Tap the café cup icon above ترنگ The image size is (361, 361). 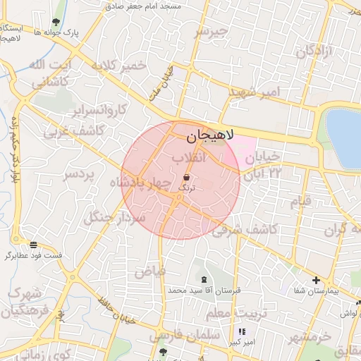click(x=186, y=177)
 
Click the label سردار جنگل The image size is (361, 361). click(x=114, y=218)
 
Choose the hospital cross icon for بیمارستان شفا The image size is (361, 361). click(x=316, y=280)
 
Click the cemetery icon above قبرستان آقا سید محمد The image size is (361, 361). click(x=204, y=280)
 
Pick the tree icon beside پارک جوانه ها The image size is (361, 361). click(x=56, y=23)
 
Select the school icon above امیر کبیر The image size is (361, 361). click(x=241, y=331)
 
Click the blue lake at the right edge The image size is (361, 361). click(x=344, y=137)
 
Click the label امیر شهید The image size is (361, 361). click(x=255, y=92)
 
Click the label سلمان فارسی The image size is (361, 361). click(x=180, y=336)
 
